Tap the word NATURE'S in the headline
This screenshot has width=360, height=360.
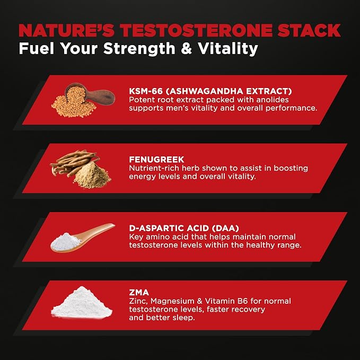coord(66,30)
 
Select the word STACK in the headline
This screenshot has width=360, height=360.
coord(309,30)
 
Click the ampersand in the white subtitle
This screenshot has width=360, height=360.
coord(187,48)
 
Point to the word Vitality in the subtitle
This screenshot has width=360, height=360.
coord(228,49)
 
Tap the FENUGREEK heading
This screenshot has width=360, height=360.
coord(156,160)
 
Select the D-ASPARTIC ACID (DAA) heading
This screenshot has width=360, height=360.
coord(184,228)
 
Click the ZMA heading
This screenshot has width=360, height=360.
coord(139,292)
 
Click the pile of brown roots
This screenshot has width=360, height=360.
coord(74,163)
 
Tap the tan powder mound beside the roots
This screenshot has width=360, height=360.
coord(92,175)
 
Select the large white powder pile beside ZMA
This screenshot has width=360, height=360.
coord(82,302)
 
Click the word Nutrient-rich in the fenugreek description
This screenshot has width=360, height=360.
coord(154,168)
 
